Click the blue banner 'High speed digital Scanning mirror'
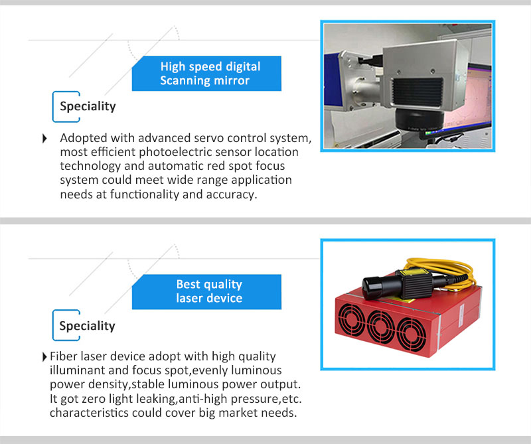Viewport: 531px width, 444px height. coord(206,74)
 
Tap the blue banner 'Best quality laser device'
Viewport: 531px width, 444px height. coord(206,291)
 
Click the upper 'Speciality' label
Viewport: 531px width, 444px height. coord(88,106)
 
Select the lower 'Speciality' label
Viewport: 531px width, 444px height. coord(87,326)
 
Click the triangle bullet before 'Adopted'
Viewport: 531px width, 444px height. coord(44,138)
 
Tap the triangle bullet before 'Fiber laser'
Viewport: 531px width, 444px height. coord(44,356)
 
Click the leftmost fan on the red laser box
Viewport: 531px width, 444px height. coord(352,321)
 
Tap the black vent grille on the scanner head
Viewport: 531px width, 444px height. coord(417,92)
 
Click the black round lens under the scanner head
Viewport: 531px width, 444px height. coord(419,119)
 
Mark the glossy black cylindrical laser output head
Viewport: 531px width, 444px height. coord(374,288)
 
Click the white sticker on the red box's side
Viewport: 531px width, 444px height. coord(461,316)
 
